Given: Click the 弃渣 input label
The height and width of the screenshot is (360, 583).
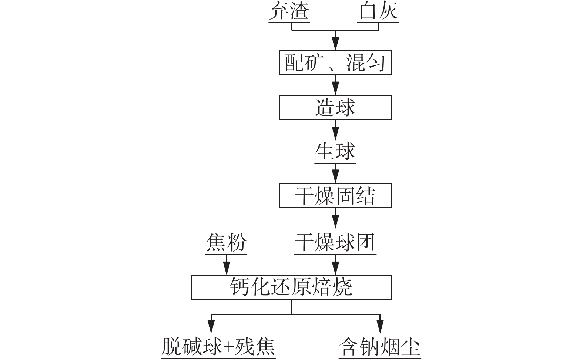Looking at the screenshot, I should tap(289, 11).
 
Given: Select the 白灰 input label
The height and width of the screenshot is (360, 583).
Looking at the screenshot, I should tap(378, 11).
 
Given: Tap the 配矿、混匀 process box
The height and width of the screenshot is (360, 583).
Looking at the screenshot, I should tap(335, 63).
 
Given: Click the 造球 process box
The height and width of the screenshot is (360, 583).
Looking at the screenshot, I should tap(335, 107).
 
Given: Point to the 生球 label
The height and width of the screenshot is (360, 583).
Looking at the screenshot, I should tap(335, 151).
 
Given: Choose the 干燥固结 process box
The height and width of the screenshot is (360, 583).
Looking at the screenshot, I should tap(335, 195).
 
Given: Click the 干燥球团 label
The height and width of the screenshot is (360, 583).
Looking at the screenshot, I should tap(335, 243).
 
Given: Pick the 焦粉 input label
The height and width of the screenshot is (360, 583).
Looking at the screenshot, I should tap(226, 243).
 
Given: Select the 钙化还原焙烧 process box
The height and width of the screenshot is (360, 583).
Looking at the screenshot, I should tap(291, 287).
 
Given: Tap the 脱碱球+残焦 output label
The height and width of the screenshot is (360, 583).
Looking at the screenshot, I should tap(218, 347).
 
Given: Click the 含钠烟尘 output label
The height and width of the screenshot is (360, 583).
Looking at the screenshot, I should tap(380, 347).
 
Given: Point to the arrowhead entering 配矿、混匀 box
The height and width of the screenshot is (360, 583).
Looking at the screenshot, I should tap(335, 44).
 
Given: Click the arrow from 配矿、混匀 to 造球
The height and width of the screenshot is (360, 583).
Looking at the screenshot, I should tap(335, 85).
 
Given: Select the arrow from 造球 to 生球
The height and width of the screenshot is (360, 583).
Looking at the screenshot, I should tap(335, 130).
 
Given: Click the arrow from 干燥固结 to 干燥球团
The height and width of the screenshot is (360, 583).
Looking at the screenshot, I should tap(335, 218).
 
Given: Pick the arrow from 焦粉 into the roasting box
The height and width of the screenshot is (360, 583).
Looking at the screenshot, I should tap(227, 265).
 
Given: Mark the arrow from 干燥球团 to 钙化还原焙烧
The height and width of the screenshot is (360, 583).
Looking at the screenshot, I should tap(335, 265).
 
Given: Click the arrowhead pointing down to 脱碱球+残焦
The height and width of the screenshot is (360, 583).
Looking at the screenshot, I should tap(211, 326).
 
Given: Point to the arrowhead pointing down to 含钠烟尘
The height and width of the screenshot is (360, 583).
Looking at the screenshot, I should tap(380, 326).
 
